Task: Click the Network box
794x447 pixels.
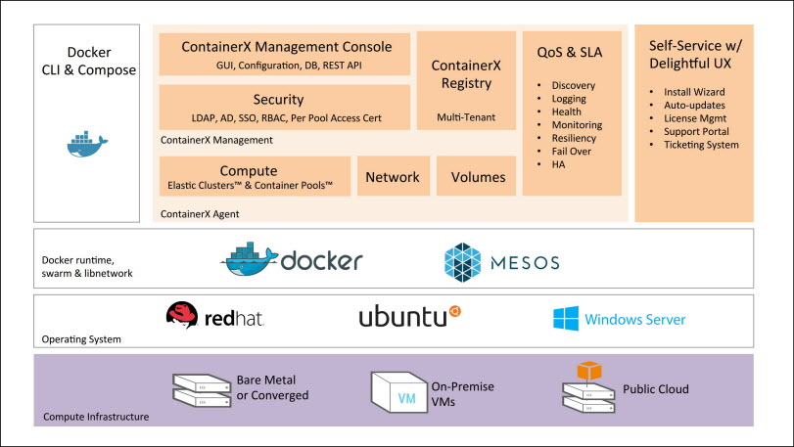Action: (393, 177)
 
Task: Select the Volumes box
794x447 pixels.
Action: (478, 177)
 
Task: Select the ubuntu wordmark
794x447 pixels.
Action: (402, 318)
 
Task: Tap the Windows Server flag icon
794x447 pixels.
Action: (566, 319)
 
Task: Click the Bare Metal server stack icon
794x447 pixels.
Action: (201, 388)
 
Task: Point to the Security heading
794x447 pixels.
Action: (278, 100)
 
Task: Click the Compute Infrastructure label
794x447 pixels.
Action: (96, 418)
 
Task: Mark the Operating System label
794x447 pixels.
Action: (81, 339)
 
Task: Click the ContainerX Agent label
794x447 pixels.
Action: (199, 213)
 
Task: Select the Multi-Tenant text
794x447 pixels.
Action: (466, 118)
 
